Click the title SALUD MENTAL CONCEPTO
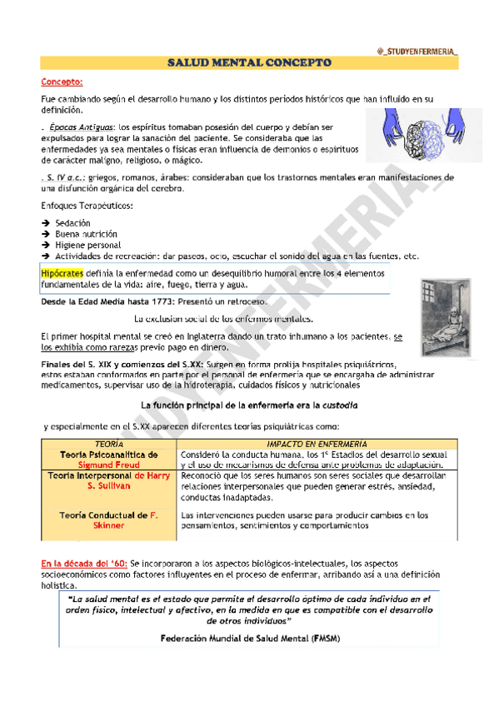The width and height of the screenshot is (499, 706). click(250, 63)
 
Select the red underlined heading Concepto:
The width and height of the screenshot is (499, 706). click(62, 82)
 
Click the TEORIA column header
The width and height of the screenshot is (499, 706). click(109, 445)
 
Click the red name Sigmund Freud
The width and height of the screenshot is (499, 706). click(108, 465)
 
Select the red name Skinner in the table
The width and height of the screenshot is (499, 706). click(109, 525)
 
